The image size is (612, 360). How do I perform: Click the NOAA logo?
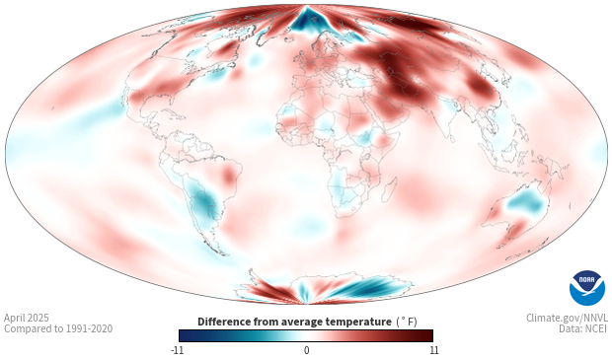coord(587,288)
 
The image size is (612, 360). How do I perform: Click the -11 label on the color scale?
coord(177,350)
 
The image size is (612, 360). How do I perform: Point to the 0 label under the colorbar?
coord(306,350)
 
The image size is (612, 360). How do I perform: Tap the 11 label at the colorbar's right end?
coord(433,350)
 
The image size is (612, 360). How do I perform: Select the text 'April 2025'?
coord(27,318)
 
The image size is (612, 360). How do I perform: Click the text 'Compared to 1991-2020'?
coord(58,328)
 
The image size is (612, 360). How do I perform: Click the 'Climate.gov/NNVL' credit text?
coord(567,318)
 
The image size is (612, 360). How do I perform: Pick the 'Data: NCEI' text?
coord(583,328)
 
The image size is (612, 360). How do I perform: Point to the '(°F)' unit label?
coord(407,323)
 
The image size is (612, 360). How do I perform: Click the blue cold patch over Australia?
coord(525,202)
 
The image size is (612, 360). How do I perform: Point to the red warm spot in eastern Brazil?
coord(229,176)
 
